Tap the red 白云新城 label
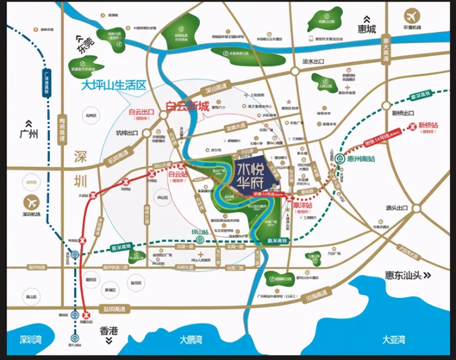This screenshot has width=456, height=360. pyautogui.click(x=187, y=107)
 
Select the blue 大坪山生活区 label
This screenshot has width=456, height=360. pyautogui.click(x=114, y=86)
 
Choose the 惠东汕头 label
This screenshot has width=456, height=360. pyautogui.click(x=403, y=275)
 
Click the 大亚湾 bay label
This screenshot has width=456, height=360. pyautogui.click(x=393, y=340)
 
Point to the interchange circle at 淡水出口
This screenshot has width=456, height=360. pyautogui.click(x=295, y=71)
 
